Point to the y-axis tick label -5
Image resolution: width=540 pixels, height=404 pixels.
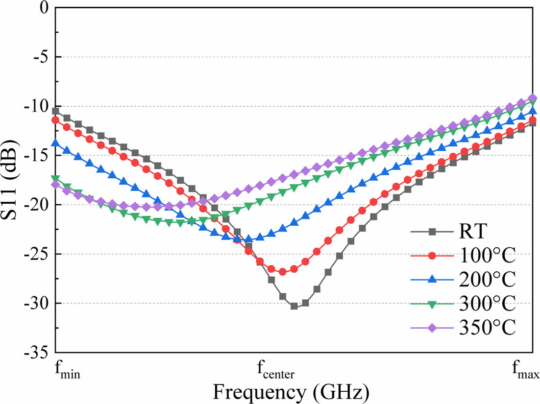41,57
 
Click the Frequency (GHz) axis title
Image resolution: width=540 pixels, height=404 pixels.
291,392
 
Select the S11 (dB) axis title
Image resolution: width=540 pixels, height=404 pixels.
11,180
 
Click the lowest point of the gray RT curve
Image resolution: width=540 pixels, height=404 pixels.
294,306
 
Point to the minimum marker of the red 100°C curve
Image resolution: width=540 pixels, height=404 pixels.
282,271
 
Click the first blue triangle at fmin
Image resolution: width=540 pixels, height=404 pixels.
55,143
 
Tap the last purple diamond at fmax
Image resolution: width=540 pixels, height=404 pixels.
532,98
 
